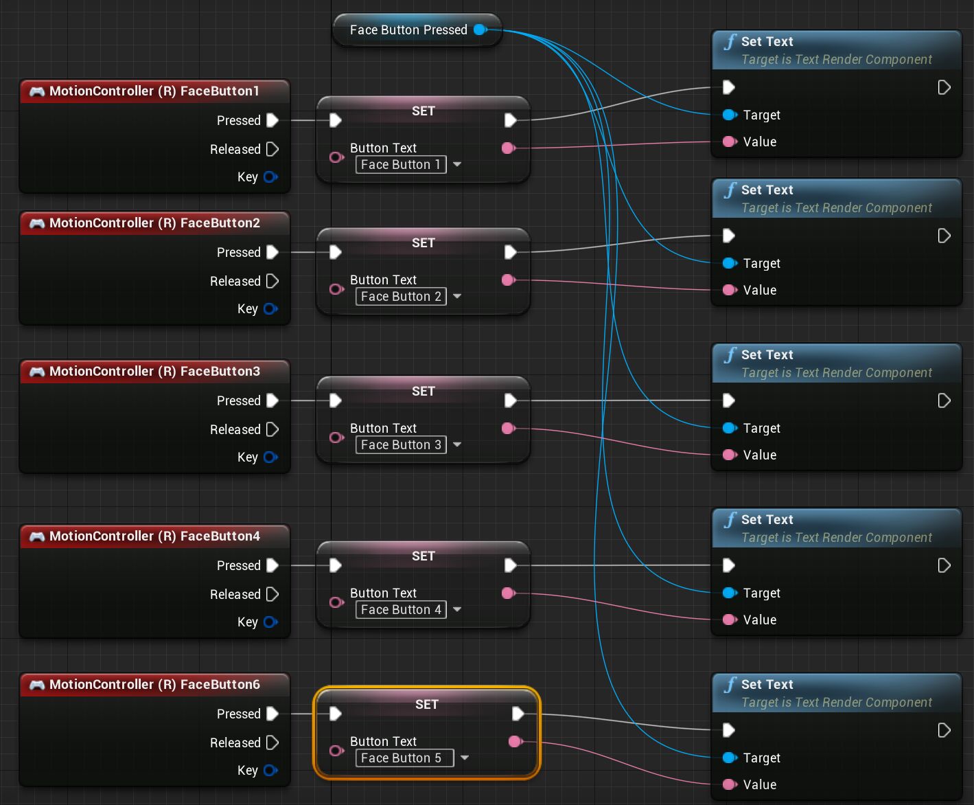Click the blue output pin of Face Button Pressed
point(480,30)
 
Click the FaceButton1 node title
point(154,91)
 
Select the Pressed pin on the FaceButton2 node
point(272,252)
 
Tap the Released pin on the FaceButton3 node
point(272,429)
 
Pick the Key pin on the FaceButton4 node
point(270,622)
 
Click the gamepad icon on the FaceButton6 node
point(37,685)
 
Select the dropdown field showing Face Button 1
point(401,165)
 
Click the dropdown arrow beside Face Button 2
point(457,296)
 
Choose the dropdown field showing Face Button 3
point(401,445)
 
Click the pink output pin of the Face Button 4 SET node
point(508,593)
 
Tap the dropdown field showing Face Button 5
point(404,758)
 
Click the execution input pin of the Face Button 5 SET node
point(335,714)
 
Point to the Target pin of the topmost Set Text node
point(729,115)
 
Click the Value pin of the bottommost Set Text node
point(729,784)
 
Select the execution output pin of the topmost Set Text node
point(944,87)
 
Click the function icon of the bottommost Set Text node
point(730,685)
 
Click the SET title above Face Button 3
point(423,391)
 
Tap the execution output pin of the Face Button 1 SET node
point(510,120)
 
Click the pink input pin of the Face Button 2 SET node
point(336,289)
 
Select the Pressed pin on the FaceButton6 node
point(272,714)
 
